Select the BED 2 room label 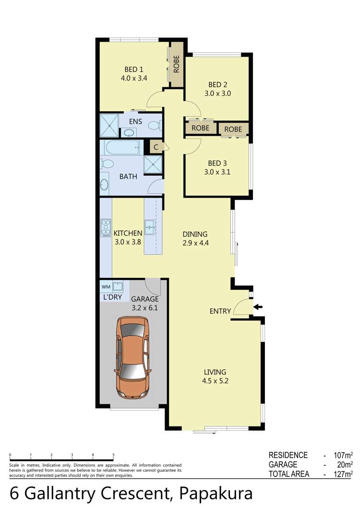pos(216,85)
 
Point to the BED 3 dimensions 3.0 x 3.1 pos(216,171)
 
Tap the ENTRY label pos(220,311)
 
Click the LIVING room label pos(215,372)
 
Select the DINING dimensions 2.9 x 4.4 pos(195,243)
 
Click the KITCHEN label pos(128,234)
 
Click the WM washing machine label pos(106,287)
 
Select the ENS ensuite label pos(135,121)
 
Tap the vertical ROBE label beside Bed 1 pos(176,64)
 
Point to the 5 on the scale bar pos(113,455)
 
